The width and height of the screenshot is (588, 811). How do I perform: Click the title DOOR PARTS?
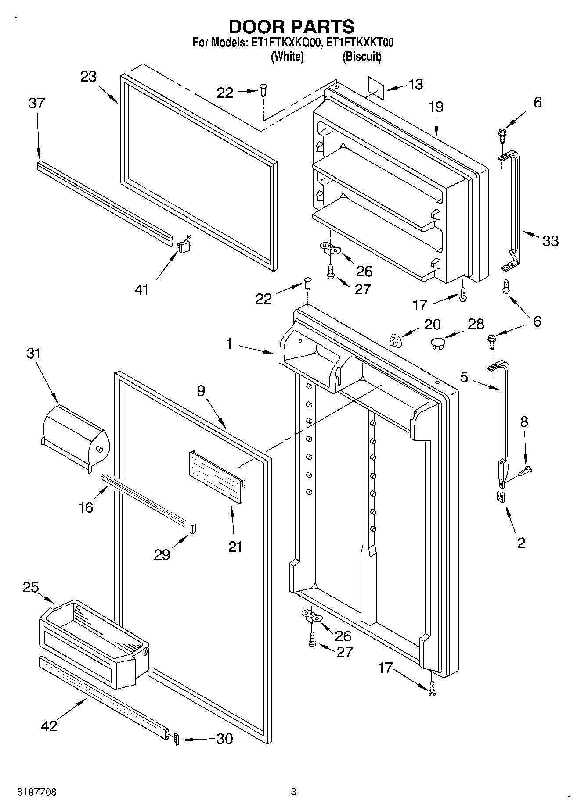tap(292, 27)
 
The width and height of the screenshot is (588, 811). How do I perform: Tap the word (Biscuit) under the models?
tap(362, 57)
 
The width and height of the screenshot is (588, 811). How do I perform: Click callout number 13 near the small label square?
tap(415, 84)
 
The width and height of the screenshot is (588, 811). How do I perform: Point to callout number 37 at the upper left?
tap(36, 104)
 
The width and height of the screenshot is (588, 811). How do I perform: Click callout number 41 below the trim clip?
tap(141, 289)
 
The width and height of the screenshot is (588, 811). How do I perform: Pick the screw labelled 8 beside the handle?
tap(524, 471)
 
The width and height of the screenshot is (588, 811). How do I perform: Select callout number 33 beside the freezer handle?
tap(550, 240)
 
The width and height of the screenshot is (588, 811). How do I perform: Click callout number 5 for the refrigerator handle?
tap(464, 377)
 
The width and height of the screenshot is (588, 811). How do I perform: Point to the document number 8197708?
tap(37, 792)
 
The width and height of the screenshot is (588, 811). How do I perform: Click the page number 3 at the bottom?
tap(293, 792)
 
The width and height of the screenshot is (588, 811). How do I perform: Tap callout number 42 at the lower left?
tap(49, 726)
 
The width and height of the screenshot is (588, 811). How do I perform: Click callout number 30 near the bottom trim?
tap(224, 739)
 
